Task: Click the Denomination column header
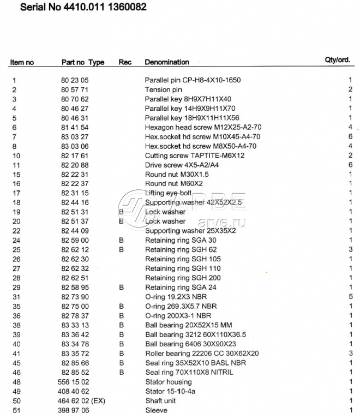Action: [167, 62]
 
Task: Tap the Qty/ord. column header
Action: [338, 60]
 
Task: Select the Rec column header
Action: [125, 62]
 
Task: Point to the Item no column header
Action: [22, 62]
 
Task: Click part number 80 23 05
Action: [75, 80]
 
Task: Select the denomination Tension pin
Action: [164, 89]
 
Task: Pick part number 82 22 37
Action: [75, 184]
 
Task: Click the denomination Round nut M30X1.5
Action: [177, 174]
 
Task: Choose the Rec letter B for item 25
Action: [122, 249]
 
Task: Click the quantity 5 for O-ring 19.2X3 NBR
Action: [351, 296]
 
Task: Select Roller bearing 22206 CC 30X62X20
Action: [202, 354]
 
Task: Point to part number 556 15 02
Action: [73, 382]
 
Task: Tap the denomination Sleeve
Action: [156, 410]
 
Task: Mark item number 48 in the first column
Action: [16, 382]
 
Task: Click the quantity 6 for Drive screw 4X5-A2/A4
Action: [351, 165]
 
